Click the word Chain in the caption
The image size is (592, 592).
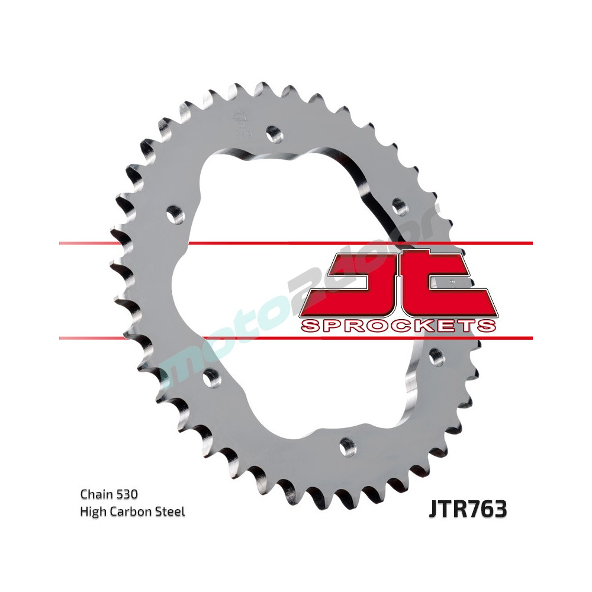[94, 493]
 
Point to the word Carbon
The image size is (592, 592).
[131, 511]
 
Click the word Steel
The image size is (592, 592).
[170, 511]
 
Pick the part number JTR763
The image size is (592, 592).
[467, 509]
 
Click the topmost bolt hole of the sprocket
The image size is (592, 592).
[273, 133]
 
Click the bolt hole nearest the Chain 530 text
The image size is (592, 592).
[210, 375]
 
